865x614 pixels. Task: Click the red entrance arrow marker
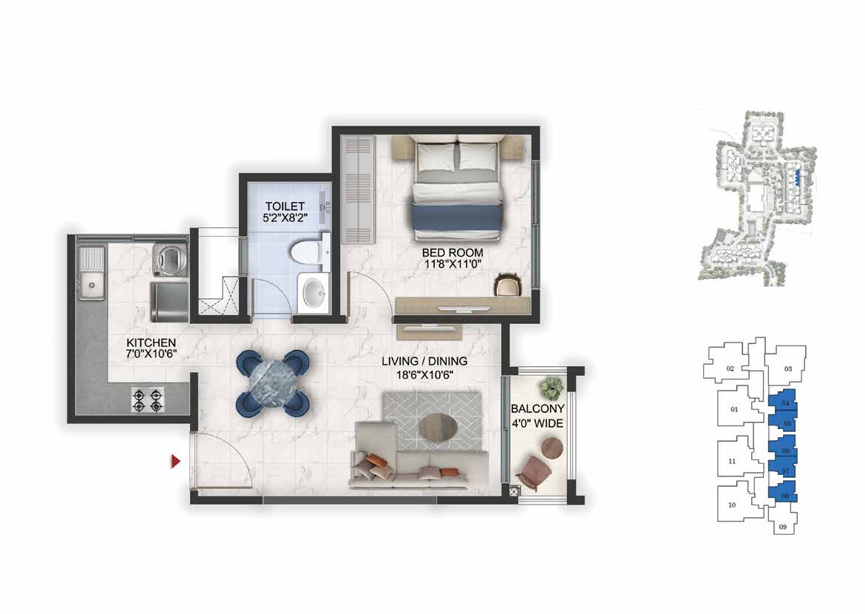click(175, 461)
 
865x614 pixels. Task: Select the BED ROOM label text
click(452, 253)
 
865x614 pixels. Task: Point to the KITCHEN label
click(151, 343)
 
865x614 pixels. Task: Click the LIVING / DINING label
click(425, 361)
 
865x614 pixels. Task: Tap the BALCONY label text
click(537, 408)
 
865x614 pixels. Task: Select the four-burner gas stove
click(148, 400)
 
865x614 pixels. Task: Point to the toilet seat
click(305, 253)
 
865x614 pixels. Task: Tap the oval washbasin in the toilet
click(314, 291)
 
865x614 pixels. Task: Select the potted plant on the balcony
click(552, 388)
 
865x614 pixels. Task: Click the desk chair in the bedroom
click(507, 285)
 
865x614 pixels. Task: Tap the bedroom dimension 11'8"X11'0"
click(452, 265)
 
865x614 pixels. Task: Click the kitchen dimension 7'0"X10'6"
click(151, 354)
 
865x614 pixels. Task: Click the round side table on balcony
click(552, 448)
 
